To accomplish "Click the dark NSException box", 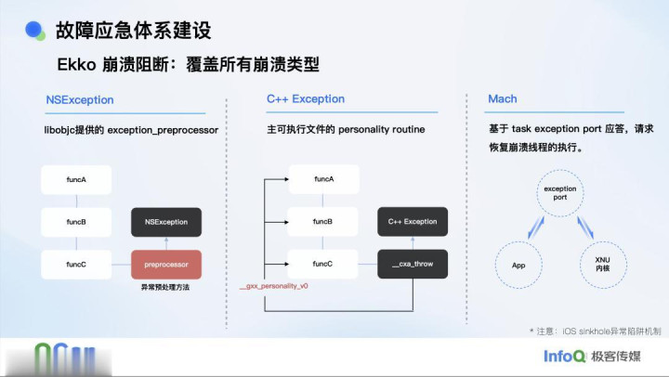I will tap(166, 223).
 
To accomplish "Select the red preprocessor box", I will tap(166, 265).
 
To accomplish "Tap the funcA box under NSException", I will tap(76, 180).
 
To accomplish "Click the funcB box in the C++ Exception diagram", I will tap(323, 223).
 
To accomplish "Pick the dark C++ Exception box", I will tap(413, 223).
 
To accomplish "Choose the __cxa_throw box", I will tap(413, 265).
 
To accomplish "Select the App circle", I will tap(518, 265).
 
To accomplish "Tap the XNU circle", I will tap(603, 265).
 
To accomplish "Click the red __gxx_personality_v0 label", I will tap(273, 287).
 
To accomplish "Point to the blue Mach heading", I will tap(503, 99).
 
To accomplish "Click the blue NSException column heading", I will tap(80, 99).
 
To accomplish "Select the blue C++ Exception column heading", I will tap(305, 99).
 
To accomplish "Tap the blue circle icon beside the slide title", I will tap(34, 31).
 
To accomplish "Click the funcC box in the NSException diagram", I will tap(76, 265).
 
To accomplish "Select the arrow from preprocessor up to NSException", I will tap(166, 243).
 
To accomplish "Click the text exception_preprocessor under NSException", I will tap(164, 130).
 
